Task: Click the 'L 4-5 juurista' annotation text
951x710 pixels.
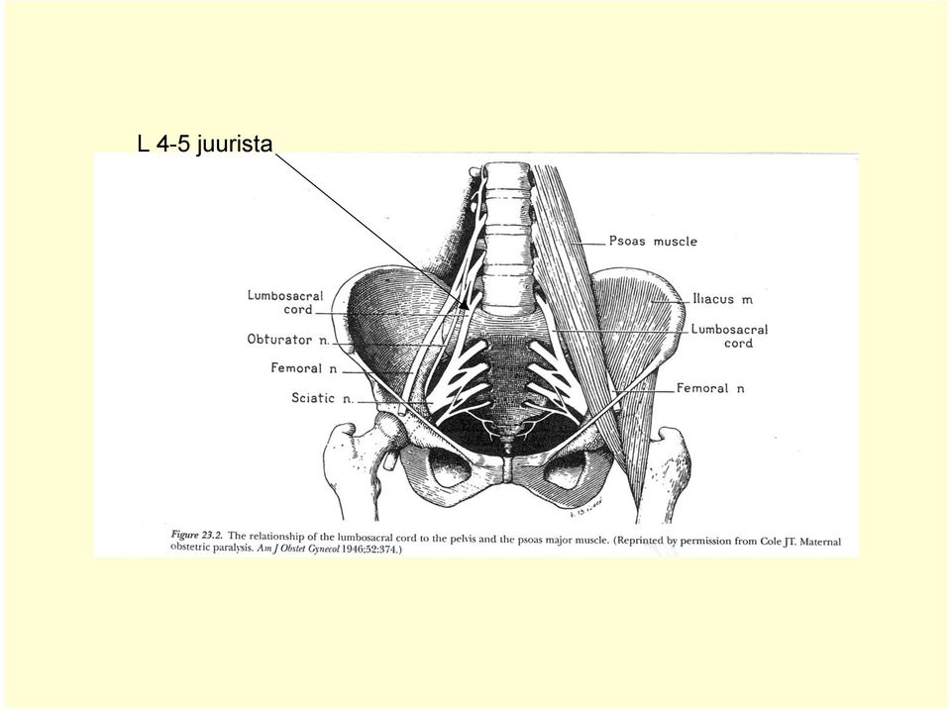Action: (x=205, y=145)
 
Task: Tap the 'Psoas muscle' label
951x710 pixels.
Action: (x=653, y=242)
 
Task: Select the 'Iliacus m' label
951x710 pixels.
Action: (x=722, y=299)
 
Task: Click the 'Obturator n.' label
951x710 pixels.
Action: (x=288, y=340)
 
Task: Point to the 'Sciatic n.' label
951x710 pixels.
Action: (x=322, y=398)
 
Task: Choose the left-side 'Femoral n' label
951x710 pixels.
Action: (x=304, y=368)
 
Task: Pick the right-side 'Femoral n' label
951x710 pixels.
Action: (x=710, y=388)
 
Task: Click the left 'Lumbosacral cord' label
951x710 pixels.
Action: (x=285, y=303)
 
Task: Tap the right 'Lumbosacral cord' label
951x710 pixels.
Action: (x=730, y=336)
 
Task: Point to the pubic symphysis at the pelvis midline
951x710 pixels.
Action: (x=507, y=469)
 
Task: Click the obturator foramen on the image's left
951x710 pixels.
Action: (x=448, y=467)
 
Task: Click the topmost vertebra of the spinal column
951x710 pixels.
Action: (x=507, y=174)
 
